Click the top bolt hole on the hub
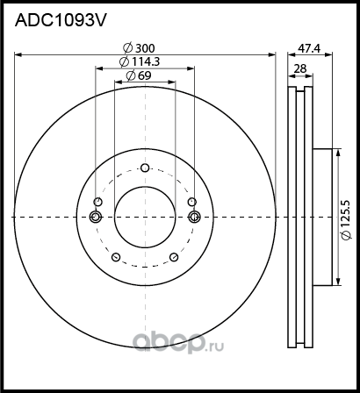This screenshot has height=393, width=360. pyautogui.click(x=145, y=168)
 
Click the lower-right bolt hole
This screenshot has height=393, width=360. pyautogui.click(x=175, y=257)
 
